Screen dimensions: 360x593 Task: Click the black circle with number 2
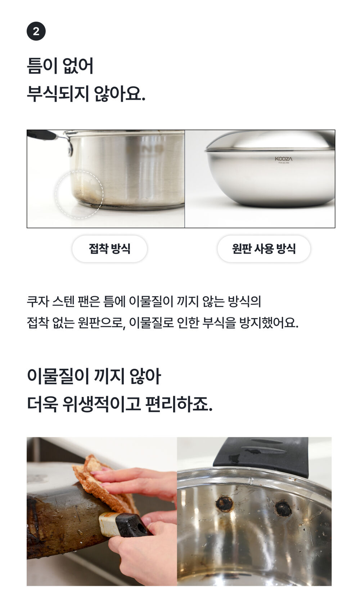pyautogui.click(x=36, y=31)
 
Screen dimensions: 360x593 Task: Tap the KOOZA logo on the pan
pyautogui.click(x=283, y=159)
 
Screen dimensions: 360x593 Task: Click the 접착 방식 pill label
pyautogui.click(x=109, y=249)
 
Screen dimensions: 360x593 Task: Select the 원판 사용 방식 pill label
pyautogui.click(x=264, y=249)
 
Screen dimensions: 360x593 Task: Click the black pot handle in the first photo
pyautogui.click(x=42, y=135)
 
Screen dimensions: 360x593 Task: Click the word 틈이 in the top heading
pyautogui.click(x=42, y=65)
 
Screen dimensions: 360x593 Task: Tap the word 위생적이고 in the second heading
pyautogui.click(x=102, y=404)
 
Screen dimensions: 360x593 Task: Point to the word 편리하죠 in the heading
pyautogui.click(x=179, y=404)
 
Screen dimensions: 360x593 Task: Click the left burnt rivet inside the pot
pyautogui.click(x=224, y=504)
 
